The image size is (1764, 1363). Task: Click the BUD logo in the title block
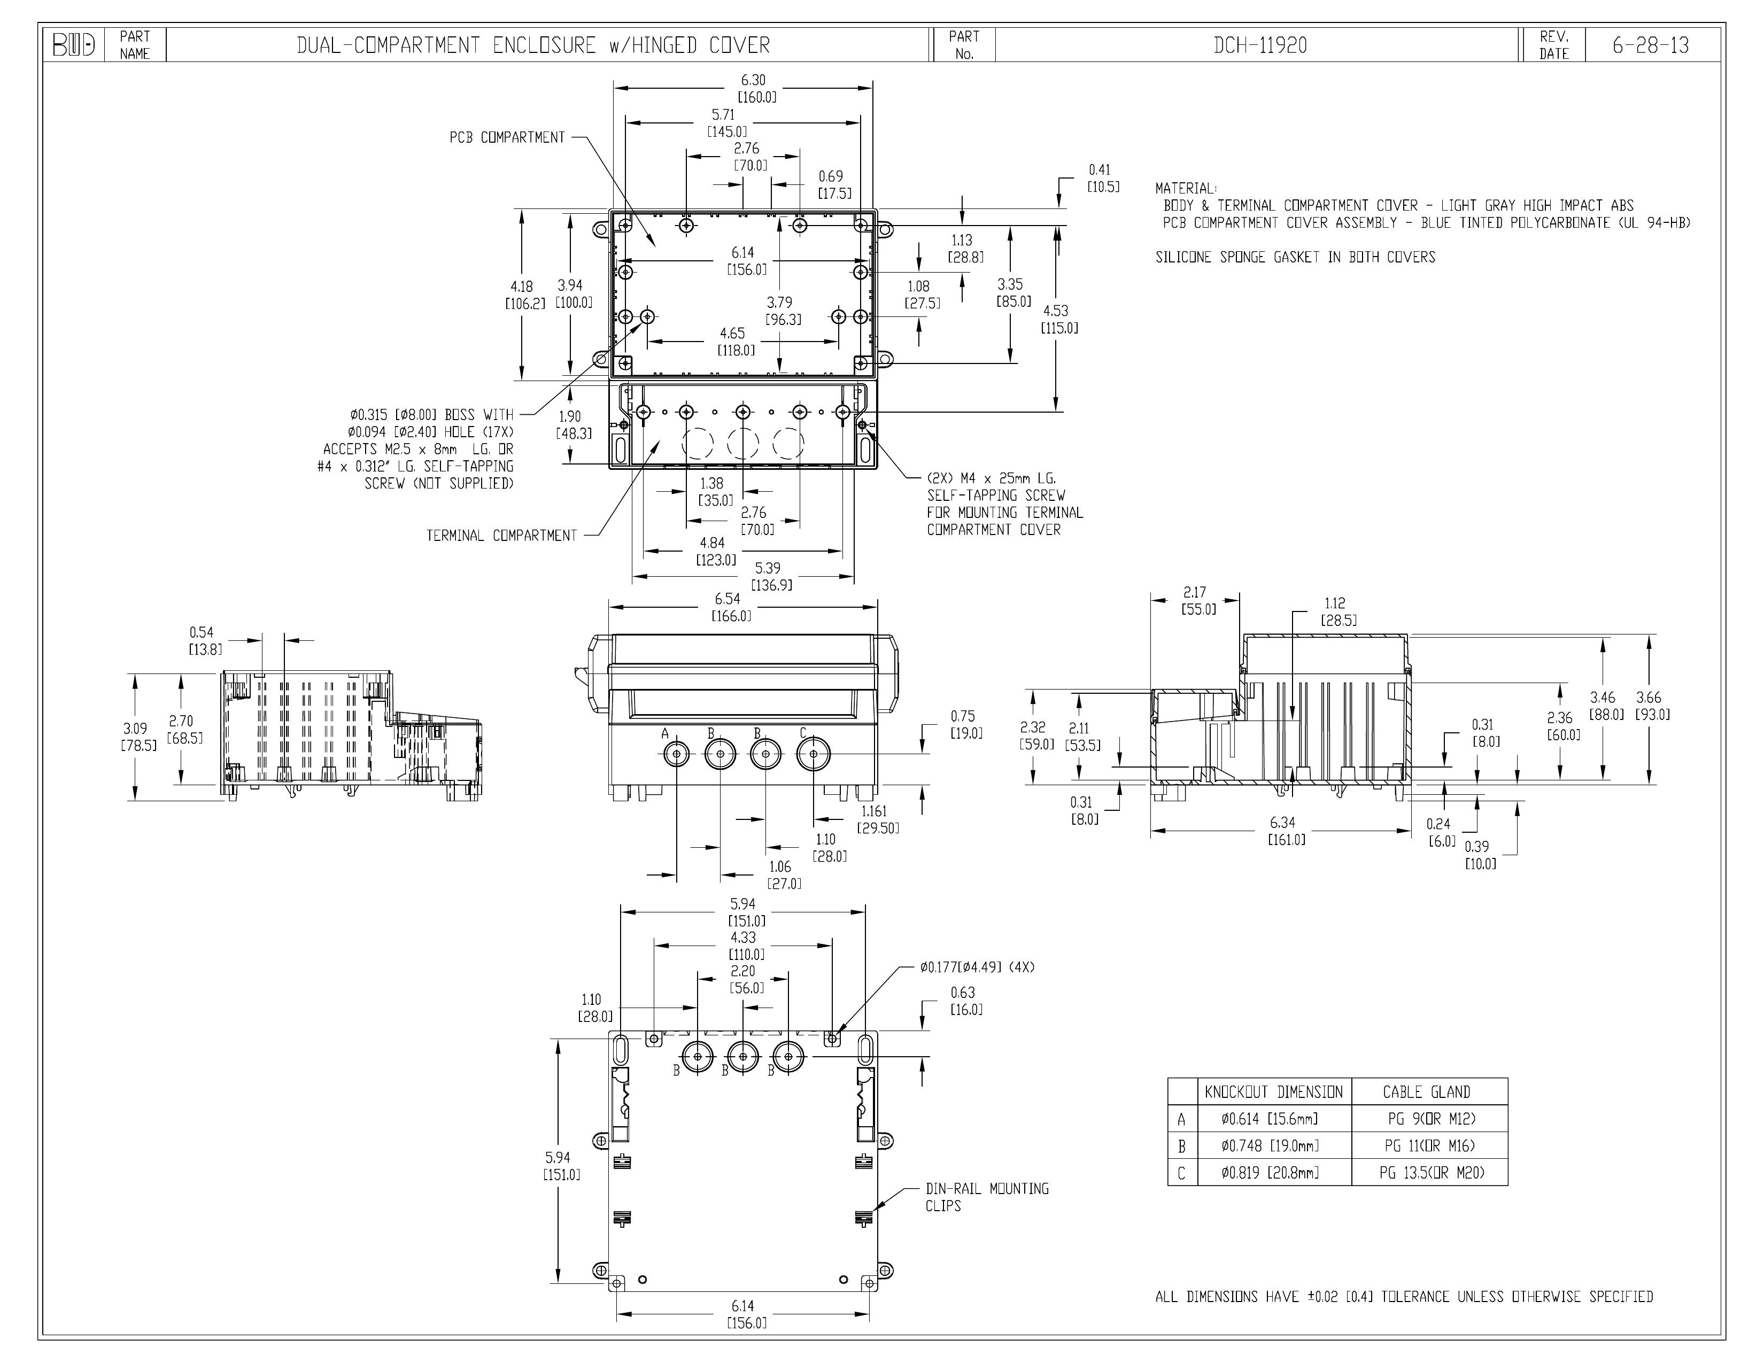click(74, 45)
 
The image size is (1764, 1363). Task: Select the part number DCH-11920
click(1260, 45)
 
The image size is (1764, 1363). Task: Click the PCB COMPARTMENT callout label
click(507, 137)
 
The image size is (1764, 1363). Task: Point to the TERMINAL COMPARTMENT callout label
click(501, 536)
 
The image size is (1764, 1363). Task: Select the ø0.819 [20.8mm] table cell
click(1270, 1172)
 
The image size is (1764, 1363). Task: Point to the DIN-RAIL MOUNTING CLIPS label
click(987, 1197)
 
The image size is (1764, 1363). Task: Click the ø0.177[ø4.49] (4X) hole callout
click(977, 966)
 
